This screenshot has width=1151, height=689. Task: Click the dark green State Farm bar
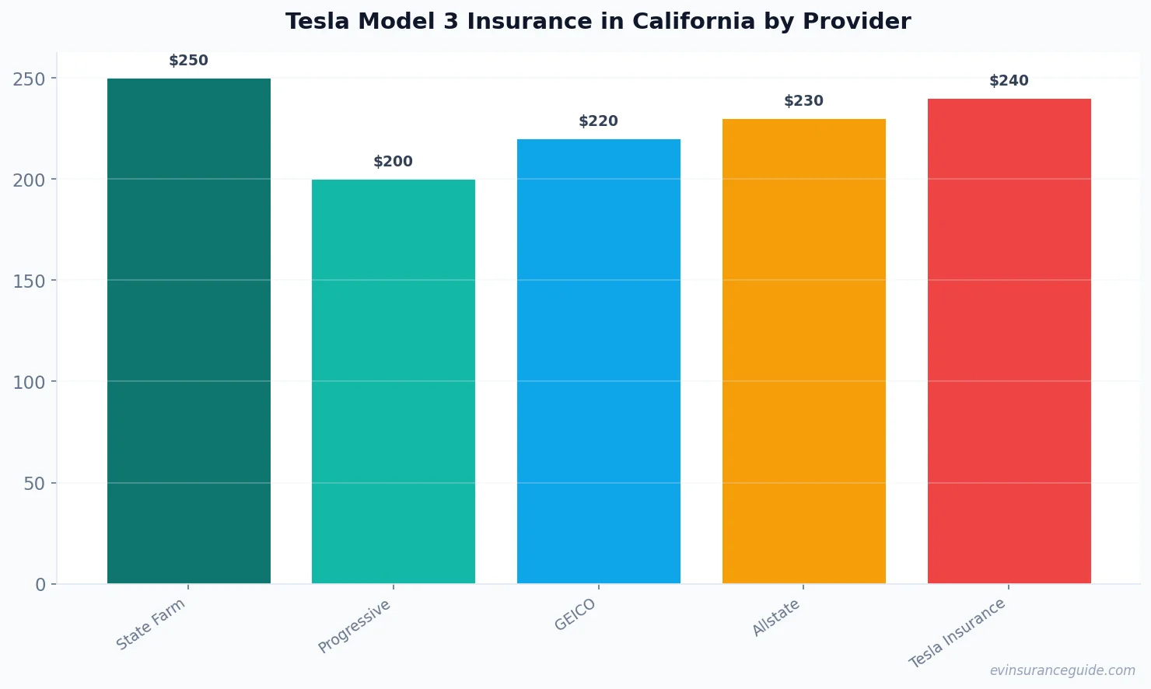[x=189, y=331]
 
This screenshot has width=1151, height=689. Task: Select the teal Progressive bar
[x=394, y=381]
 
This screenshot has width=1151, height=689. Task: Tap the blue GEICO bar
[x=599, y=361]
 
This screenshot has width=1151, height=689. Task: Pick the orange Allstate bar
[x=803, y=351]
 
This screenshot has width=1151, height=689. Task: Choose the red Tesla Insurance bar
[x=1009, y=341]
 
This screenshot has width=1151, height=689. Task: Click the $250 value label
[x=189, y=61]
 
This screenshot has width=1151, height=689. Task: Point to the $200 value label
[x=394, y=162]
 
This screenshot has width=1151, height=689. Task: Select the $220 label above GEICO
[x=599, y=121]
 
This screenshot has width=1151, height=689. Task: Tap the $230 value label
[x=803, y=101]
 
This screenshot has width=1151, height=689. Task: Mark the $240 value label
[x=1009, y=81]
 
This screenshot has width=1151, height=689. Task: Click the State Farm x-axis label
[x=151, y=624]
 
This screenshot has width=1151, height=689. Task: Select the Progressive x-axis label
[x=355, y=627]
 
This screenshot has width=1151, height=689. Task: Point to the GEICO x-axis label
[x=575, y=615]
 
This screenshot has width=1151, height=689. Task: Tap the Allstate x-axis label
[x=776, y=619]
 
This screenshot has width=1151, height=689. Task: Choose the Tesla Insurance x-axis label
[x=957, y=634]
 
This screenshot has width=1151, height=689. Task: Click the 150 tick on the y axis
[x=29, y=281]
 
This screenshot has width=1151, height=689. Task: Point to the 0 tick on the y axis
[x=40, y=585]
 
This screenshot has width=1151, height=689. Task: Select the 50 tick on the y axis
[x=34, y=484]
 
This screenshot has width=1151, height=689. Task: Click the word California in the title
[x=694, y=22]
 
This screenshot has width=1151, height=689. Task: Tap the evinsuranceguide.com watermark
[x=1062, y=670]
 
